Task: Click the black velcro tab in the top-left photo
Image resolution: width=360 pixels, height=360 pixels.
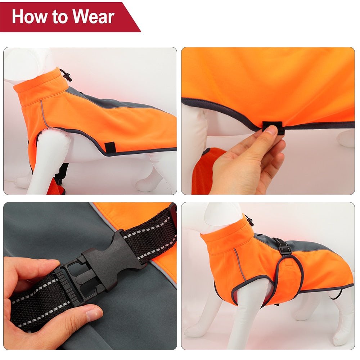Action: [x=110, y=147]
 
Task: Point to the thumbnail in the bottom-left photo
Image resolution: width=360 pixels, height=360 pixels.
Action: [x=94, y=314]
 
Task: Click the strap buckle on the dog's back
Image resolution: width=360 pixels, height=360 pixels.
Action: [x=285, y=247]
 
